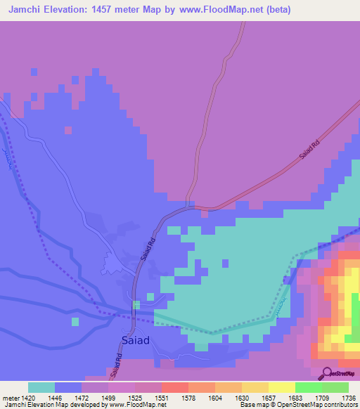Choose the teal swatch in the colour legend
click(x=41, y=387)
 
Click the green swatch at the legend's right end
click(x=335, y=387)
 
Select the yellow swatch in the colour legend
click(x=282, y=387)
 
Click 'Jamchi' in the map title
click(x=21, y=10)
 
